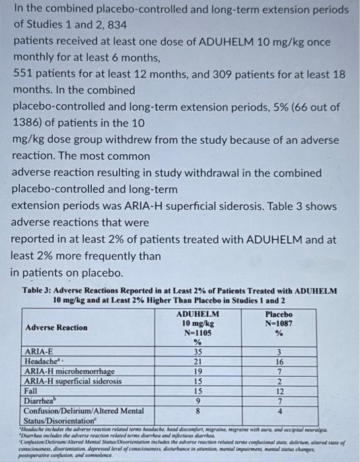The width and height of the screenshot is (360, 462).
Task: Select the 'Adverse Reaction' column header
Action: [55, 327]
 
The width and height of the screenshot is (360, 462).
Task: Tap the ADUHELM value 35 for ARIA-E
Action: [196, 352]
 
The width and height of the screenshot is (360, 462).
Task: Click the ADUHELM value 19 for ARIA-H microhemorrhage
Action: [196, 372]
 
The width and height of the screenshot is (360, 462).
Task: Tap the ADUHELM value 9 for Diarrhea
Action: [196, 400]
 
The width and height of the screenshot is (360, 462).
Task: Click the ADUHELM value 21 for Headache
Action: [196, 362]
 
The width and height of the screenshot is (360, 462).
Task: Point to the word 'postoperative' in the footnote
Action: [32, 455]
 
